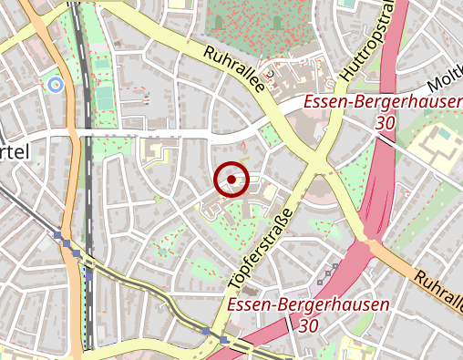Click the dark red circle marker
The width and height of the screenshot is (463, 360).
(231, 180)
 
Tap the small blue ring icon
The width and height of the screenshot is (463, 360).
(55, 85)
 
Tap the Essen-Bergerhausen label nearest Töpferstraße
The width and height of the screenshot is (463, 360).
(309, 305)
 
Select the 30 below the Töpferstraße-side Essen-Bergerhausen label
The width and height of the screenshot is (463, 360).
(309, 325)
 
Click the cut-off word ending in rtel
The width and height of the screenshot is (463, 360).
(15, 151)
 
